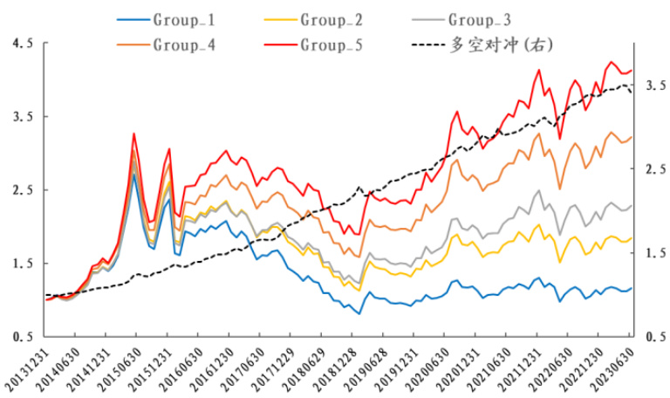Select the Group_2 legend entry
click(328, 17)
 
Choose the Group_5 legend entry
click(328, 43)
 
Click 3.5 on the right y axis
click(657, 86)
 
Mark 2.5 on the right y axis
click(657, 169)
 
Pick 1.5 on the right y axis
click(657, 253)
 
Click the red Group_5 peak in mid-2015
click(133, 134)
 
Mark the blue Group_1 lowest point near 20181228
click(359, 313)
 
